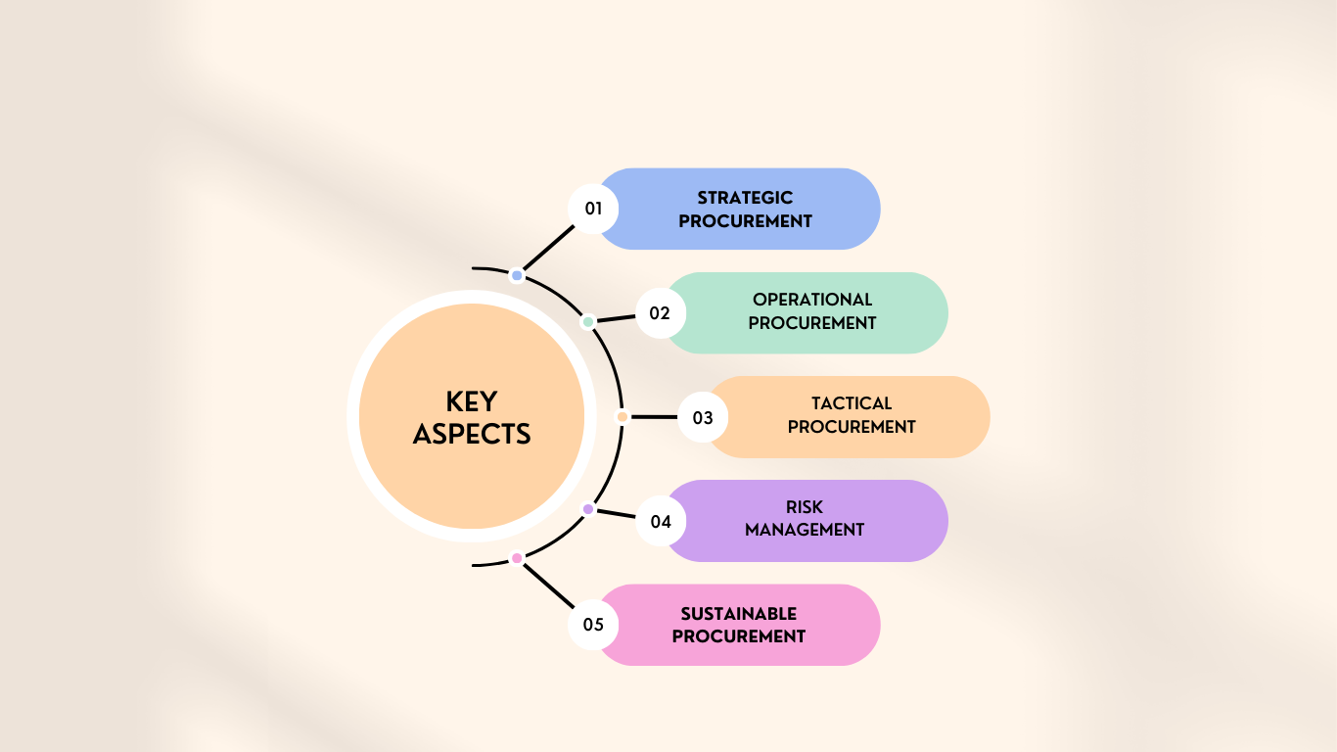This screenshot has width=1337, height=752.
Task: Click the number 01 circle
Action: (x=593, y=209)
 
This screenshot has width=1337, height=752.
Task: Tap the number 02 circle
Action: (x=660, y=313)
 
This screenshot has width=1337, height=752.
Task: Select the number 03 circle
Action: (x=703, y=417)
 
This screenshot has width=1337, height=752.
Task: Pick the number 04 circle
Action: (x=660, y=522)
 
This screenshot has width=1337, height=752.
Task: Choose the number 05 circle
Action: (x=593, y=625)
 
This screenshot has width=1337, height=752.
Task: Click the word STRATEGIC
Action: (x=745, y=198)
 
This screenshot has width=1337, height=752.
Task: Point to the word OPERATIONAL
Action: (x=812, y=300)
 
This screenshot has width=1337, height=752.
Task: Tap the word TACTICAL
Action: (x=852, y=403)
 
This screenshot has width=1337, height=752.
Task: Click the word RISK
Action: (x=805, y=507)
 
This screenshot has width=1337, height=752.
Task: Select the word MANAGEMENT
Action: (x=805, y=530)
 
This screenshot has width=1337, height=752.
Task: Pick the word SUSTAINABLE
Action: (x=739, y=613)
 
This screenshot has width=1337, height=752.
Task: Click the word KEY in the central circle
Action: (x=472, y=402)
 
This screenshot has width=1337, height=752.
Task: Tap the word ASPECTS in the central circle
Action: (x=472, y=434)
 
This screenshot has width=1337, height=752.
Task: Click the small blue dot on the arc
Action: (x=517, y=275)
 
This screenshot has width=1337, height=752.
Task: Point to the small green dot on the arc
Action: (x=588, y=322)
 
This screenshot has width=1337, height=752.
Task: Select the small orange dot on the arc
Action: (x=622, y=417)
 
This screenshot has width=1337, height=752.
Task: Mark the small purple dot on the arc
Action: (x=588, y=509)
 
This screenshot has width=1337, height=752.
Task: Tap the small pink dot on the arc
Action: (x=517, y=558)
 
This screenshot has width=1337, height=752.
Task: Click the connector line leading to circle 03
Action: (x=654, y=417)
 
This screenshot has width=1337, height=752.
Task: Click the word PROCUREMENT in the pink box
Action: (x=739, y=636)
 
